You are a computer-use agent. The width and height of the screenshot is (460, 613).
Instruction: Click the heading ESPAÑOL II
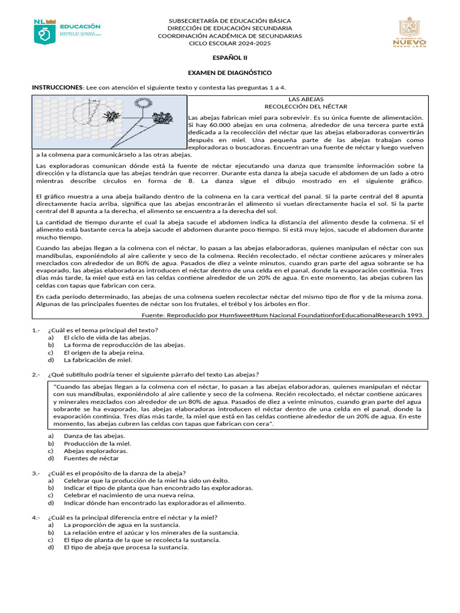point(229,58)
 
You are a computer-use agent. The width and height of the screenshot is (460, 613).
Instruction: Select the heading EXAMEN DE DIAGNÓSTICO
point(229,72)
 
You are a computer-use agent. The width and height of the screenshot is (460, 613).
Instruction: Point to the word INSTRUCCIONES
point(56,87)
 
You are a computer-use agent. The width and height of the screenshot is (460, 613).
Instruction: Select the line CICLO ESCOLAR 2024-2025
point(229,44)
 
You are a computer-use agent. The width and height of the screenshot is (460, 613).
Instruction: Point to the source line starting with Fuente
point(283,314)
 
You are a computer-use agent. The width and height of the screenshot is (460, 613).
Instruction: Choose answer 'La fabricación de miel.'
point(98,360)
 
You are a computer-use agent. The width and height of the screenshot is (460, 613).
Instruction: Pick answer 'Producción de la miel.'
point(98,444)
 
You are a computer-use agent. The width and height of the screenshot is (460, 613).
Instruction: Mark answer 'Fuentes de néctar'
point(92,458)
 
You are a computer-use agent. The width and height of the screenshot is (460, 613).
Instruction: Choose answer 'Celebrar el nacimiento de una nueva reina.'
point(130,496)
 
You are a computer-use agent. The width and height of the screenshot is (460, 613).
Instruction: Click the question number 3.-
point(35,473)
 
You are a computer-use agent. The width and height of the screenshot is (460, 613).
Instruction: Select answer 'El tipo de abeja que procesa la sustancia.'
point(126,547)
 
